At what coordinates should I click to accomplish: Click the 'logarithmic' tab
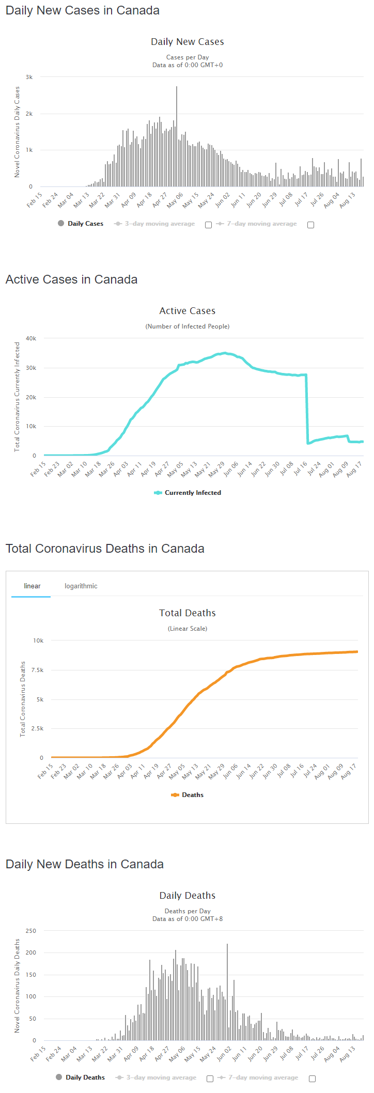pos(81,586)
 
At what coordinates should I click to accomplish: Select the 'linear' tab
pos(32,586)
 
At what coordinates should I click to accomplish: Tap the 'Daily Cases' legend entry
pos(85,224)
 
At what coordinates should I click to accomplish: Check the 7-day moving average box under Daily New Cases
pos(310,225)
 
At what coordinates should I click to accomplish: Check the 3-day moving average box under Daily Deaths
pos(210,1079)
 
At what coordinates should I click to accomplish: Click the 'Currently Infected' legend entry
pos(192,493)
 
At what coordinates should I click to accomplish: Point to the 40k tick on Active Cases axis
pos(31,338)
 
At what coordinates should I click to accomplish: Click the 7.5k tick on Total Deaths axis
pos(37,670)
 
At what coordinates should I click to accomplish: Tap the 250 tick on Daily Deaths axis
pos(31,931)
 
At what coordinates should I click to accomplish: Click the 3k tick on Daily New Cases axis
pos(29,77)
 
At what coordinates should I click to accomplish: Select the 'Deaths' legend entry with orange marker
pos(192,795)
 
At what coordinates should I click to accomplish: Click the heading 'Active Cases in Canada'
pos(72,279)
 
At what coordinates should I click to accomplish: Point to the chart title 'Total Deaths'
pos(187,613)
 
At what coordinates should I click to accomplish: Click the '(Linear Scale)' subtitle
pos(187,629)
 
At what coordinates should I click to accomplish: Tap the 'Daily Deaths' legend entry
pos(85,1078)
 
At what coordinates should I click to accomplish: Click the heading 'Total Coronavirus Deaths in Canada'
pos(105,549)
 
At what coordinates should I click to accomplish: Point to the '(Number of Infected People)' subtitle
pos(187,326)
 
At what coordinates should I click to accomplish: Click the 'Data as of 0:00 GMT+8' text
pos(187,919)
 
